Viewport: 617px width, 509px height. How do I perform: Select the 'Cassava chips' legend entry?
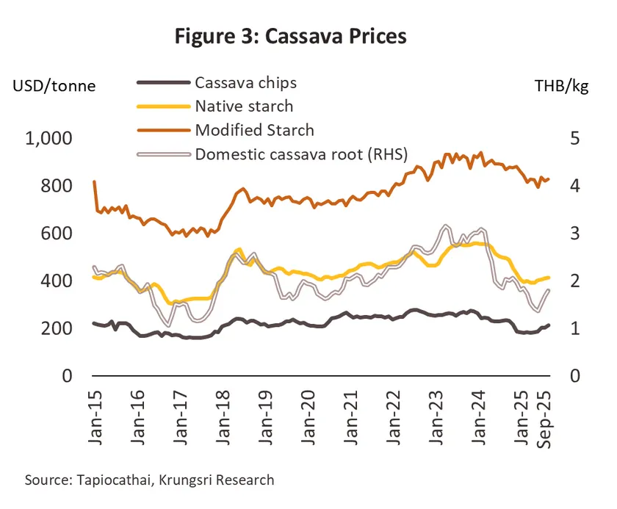pyautogui.click(x=245, y=82)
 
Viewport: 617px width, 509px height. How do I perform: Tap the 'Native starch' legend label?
pyautogui.click(x=244, y=107)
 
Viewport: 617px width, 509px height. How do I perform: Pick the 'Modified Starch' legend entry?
pyautogui.click(x=254, y=130)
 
